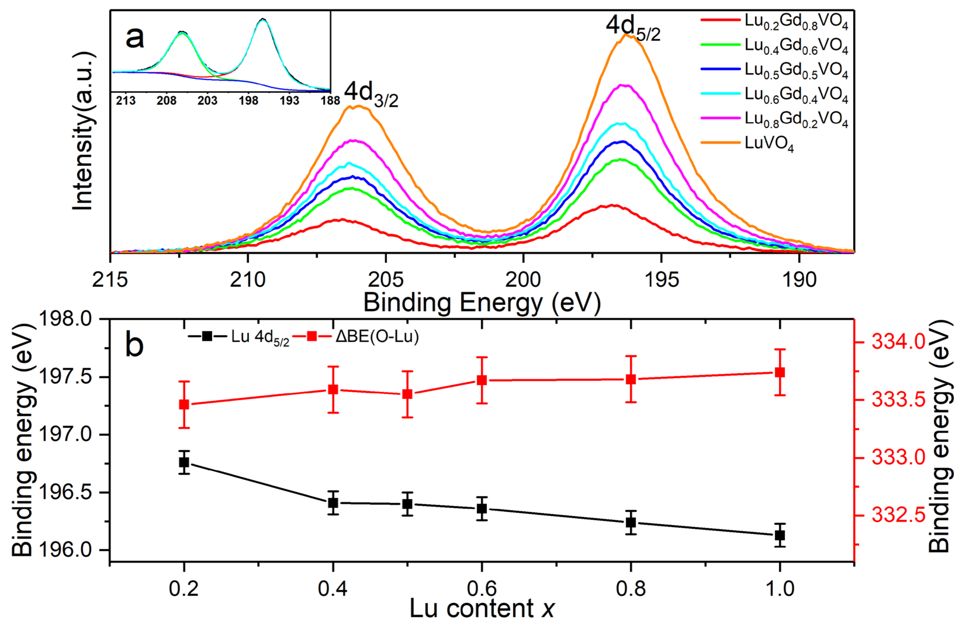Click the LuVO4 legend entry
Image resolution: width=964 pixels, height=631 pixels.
pos(769,144)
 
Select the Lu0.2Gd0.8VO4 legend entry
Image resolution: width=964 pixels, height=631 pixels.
pos(796,22)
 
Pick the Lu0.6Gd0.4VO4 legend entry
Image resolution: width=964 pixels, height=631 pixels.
pos(796,95)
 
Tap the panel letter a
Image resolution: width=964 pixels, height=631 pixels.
pos(134,39)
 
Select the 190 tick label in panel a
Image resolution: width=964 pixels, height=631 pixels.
pos(799,280)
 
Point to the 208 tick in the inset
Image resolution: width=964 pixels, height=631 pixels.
pos(167,100)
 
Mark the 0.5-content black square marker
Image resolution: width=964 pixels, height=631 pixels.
pos(407,504)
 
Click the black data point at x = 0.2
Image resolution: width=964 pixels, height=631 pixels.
pos(184,462)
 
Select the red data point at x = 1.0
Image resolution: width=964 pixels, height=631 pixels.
pos(780,372)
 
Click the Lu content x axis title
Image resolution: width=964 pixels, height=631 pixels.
pos(482,608)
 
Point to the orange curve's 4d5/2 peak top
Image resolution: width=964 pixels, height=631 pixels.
pos(627,35)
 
